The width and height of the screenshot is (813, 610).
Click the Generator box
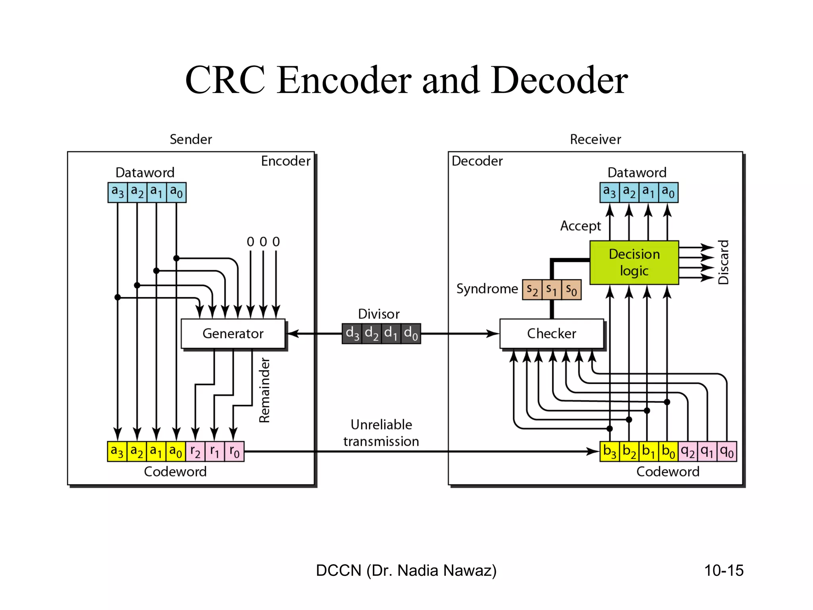point(233,334)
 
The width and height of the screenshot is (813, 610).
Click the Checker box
point(551,334)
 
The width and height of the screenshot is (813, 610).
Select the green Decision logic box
point(634,263)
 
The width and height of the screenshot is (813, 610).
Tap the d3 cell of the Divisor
point(352,333)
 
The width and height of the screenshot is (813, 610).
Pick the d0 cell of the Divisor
point(411,333)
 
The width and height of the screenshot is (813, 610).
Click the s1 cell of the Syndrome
point(551,290)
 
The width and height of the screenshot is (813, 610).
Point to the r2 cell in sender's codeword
point(195,452)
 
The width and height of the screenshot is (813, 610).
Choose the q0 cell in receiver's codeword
point(726,452)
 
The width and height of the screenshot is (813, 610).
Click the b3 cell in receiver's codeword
point(609,452)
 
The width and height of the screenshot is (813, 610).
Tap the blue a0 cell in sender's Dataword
point(176,193)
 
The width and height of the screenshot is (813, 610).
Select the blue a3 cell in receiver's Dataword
point(609,193)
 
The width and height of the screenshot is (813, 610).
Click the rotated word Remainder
point(264,390)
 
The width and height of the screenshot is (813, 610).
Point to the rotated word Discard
point(724,262)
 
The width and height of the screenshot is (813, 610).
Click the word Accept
point(580,226)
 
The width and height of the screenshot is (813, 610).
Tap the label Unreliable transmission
point(381,433)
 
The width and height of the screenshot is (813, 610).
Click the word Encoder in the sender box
point(285,161)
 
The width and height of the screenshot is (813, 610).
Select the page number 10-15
point(723,570)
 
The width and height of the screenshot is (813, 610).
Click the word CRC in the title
point(225,80)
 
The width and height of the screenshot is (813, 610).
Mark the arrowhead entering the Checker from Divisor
point(493,334)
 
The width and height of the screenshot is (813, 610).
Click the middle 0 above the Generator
point(263,241)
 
